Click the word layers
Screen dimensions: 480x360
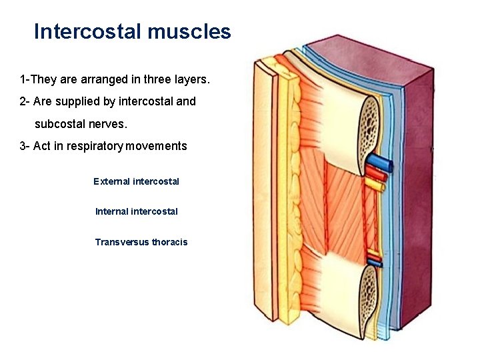(193, 80)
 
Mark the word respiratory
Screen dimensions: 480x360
(89, 146)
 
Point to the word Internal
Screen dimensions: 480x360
(113, 211)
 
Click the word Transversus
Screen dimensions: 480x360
(121, 242)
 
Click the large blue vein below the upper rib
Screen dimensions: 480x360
(381, 162)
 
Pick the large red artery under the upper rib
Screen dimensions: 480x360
(377, 175)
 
